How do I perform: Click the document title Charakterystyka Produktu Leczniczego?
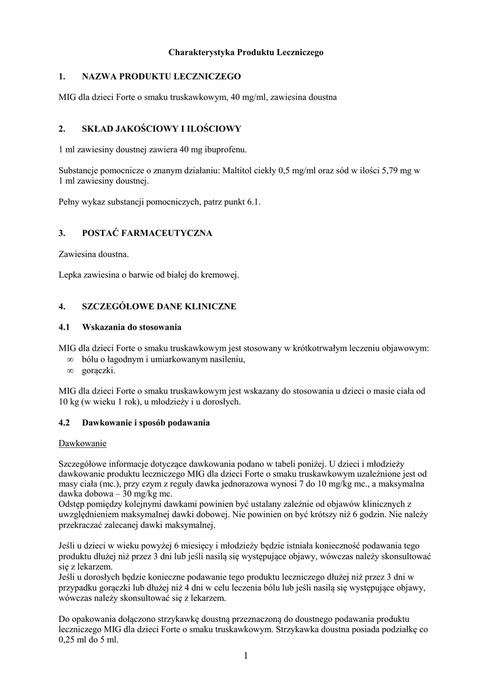click(x=246, y=52)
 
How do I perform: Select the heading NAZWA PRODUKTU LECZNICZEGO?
click(x=161, y=77)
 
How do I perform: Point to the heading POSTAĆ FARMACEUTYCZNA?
click(x=147, y=233)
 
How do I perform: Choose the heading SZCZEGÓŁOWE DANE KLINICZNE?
click(x=159, y=307)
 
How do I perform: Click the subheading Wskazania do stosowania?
click(x=132, y=328)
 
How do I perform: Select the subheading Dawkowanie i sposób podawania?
click(x=146, y=423)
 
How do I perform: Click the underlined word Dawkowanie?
click(x=83, y=444)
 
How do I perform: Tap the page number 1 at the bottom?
click(x=245, y=655)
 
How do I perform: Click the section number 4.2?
click(x=65, y=423)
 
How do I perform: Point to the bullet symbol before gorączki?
click(x=70, y=370)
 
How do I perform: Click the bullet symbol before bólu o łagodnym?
click(x=70, y=360)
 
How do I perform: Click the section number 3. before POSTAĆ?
click(x=62, y=233)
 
